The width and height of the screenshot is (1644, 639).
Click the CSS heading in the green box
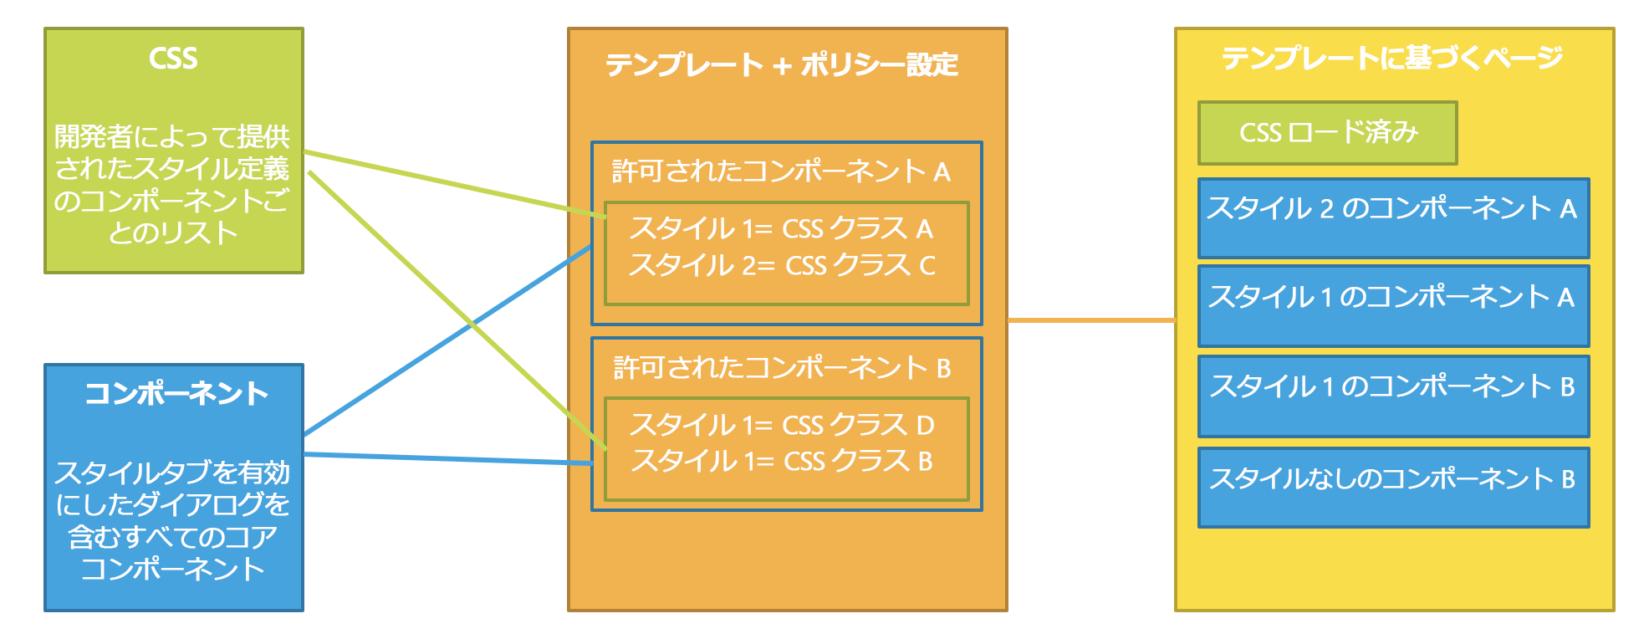point(173,59)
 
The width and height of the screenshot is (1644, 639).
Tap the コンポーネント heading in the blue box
point(176,393)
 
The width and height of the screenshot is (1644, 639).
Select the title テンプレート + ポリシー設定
point(782,65)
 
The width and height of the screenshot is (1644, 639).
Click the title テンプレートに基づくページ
point(1392,58)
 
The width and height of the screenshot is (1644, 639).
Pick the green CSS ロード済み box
point(1327,133)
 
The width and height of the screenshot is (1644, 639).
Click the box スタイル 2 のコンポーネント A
point(1393,217)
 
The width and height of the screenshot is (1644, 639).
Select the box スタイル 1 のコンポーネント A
point(1393,305)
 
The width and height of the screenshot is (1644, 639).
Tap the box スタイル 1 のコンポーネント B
point(1393,396)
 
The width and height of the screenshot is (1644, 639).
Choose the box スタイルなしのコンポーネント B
point(1393,487)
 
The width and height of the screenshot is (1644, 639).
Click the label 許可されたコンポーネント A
point(781,171)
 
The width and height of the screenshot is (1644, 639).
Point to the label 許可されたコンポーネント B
point(782,368)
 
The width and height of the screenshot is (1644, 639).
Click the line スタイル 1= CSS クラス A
point(781,228)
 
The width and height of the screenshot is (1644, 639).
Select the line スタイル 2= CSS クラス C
point(781,265)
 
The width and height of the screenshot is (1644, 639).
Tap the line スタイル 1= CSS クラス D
point(781,425)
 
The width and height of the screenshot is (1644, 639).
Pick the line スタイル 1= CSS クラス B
point(781,461)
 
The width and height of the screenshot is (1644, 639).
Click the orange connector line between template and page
point(1091,319)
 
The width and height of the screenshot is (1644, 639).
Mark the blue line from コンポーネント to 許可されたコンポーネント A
point(448,340)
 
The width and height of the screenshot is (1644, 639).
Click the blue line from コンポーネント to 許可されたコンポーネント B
point(448,458)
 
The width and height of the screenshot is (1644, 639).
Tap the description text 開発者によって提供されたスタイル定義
point(172,152)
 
